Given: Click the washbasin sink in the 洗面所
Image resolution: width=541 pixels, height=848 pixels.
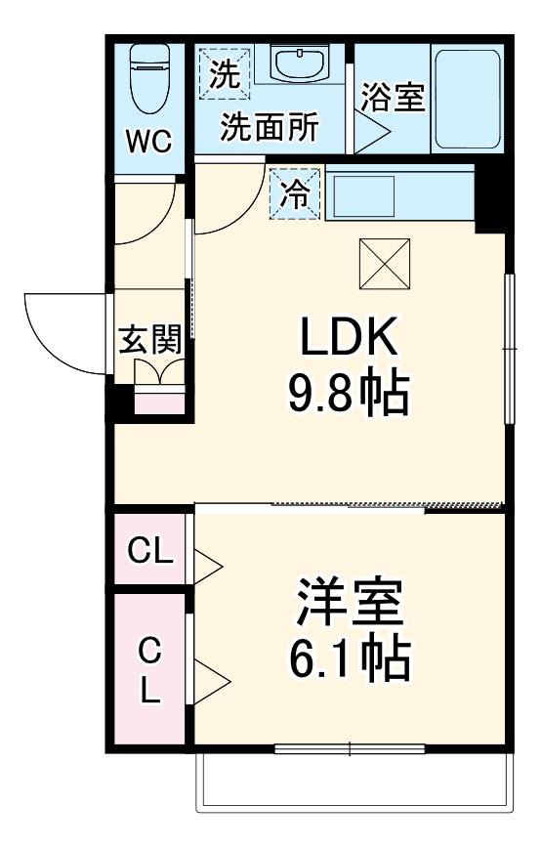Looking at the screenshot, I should (x=300, y=64).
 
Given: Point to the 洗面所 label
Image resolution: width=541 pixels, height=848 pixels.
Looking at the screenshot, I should (x=269, y=127).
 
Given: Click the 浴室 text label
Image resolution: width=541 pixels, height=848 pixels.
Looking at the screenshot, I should (x=393, y=98).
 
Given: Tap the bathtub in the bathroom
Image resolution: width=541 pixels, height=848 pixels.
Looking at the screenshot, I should (x=467, y=98).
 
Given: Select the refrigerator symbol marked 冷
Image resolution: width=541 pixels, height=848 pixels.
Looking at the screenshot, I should (x=294, y=195).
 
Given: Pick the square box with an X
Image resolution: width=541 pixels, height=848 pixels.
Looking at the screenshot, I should (x=385, y=264).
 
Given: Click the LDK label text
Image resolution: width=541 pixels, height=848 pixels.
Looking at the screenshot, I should (x=349, y=338).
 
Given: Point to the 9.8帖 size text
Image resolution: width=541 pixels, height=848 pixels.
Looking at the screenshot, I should (x=347, y=393).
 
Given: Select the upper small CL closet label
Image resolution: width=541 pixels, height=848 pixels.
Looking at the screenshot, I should (x=151, y=552).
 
